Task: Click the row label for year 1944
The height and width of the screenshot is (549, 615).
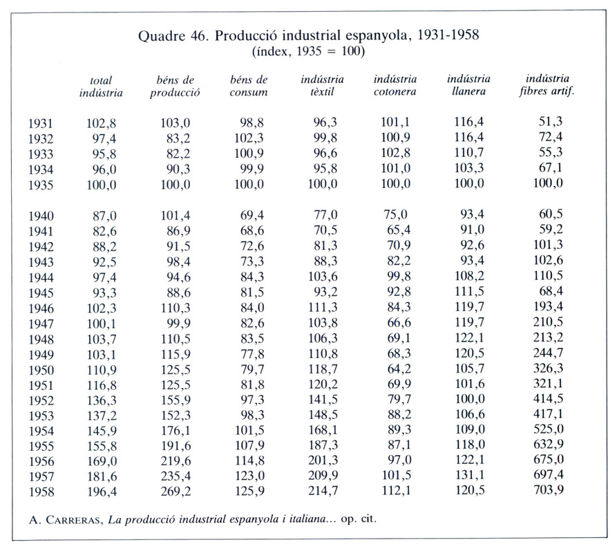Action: [41, 277]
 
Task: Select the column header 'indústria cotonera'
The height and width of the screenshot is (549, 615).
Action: [395, 85]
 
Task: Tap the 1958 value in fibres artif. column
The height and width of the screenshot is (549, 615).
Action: [549, 490]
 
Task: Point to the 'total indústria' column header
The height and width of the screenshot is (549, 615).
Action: [101, 86]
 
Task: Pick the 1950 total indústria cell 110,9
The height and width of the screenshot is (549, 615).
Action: [102, 370]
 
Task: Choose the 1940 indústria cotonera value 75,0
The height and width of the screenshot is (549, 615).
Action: [396, 214]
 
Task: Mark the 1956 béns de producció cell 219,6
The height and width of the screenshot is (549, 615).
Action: [176, 460]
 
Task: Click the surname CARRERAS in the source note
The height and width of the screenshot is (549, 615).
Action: [74, 520]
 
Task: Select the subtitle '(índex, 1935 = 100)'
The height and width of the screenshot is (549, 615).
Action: [308, 51]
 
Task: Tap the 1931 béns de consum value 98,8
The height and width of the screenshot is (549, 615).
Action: [252, 123]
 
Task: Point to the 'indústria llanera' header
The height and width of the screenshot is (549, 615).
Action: [469, 85]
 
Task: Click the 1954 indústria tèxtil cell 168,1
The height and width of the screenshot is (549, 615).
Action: [323, 430]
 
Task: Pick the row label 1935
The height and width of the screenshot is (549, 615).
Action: [41, 185]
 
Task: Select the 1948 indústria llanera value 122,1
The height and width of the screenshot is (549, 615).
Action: [469, 337]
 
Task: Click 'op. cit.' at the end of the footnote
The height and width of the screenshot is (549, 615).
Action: [359, 519]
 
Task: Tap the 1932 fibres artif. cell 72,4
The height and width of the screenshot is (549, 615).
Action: [551, 137]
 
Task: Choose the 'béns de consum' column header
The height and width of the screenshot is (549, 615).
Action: [249, 86]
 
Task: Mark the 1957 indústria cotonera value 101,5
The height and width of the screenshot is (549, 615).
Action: [397, 475]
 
